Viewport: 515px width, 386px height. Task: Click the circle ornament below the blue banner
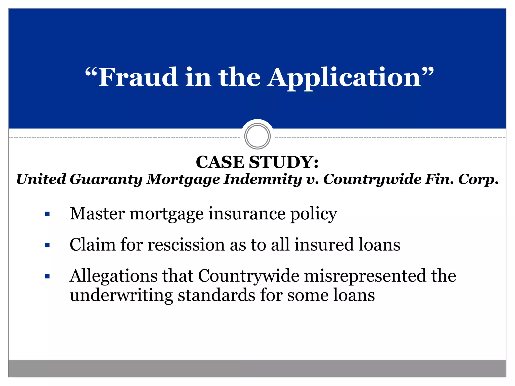[257, 136]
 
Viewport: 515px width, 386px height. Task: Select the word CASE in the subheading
[220, 162]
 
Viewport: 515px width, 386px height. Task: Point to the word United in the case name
[41, 179]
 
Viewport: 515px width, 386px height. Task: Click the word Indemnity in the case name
[263, 179]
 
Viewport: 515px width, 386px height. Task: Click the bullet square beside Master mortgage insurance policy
[47, 214]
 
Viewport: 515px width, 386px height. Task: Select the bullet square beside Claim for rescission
[47, 245]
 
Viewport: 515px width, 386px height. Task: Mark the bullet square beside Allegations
[47, 276]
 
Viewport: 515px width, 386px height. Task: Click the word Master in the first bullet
[97, 214]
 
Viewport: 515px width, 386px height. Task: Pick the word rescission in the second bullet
[186, 245]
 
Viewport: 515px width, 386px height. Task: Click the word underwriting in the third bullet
[121, 295]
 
